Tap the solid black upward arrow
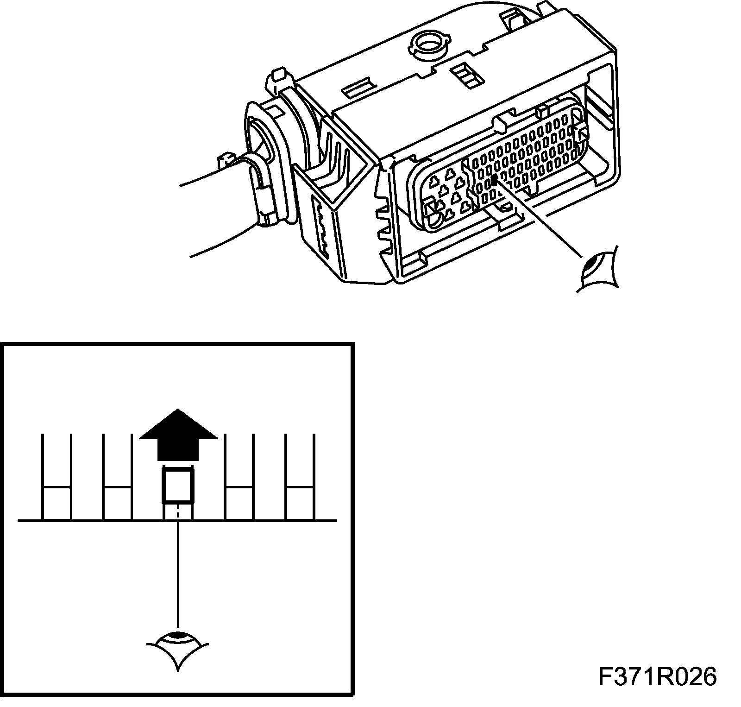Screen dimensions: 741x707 (178, 436)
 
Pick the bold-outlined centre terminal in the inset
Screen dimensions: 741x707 (177, 486)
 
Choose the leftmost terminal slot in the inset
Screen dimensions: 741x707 (57, 477)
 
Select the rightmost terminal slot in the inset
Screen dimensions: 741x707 (300, 477)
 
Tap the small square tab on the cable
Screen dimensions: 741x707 (225, 160)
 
